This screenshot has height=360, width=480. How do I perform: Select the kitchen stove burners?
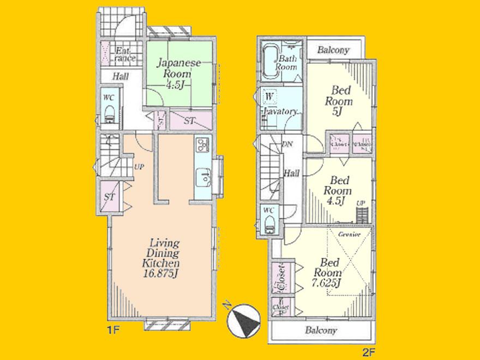tap(201, 145)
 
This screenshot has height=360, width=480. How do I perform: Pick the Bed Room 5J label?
tap(339, 101)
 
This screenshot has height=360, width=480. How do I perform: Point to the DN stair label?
tap(287, 144)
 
